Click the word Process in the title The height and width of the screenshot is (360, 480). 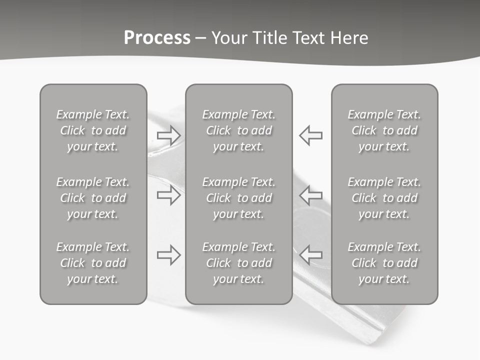click(157, 38)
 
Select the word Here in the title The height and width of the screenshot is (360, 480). click(349, 38)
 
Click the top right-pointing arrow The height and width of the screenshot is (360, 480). click(169, 135)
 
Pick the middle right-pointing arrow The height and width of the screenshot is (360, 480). click(169, 195)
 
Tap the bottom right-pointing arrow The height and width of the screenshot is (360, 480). click(169, 255)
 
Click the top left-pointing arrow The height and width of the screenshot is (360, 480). click(310, 135)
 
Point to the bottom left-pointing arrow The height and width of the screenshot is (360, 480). click(310, 255)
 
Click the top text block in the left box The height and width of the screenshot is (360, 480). click(93, 130)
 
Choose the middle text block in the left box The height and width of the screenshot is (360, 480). click(93, 198)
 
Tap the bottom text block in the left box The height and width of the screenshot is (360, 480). click(93, 263)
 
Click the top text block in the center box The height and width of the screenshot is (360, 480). click(238, 130)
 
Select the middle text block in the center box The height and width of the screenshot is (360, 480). click(238, 198)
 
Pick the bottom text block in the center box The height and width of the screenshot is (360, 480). click(238, 263)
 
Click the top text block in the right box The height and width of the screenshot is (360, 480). click(384, 130)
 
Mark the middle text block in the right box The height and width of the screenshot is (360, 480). click(384, 198)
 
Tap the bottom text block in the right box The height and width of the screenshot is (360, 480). click(384, 263)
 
